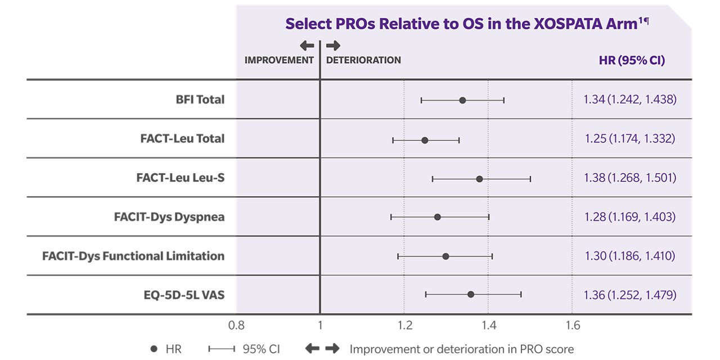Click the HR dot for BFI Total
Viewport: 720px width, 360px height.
462,100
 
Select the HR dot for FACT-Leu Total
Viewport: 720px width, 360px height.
425,140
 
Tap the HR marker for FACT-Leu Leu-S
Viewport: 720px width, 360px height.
479,179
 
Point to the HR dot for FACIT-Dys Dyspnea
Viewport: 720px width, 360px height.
438,217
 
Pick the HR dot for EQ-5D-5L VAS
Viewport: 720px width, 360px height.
471,294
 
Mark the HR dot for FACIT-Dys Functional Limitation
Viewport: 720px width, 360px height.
445,256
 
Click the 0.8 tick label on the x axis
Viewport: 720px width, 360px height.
236,325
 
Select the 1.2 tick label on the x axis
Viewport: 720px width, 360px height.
404,325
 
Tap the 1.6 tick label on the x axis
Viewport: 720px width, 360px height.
572,325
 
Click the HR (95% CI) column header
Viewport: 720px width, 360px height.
632,60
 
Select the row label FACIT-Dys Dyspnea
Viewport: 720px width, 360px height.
169,217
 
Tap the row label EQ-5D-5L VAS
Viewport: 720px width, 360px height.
184,294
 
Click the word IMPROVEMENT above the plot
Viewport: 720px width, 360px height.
279,60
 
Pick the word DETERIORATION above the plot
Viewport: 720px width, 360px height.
363,60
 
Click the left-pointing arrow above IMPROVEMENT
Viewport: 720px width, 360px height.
307,46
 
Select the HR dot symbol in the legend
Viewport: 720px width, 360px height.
154,349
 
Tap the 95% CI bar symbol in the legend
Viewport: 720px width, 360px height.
221,349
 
